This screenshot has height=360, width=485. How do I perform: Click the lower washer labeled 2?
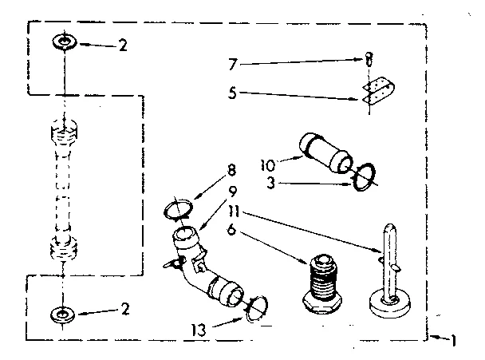click(x=61, y=314)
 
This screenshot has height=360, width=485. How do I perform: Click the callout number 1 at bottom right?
click(x=454, y=341)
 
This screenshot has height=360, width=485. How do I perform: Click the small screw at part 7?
click(x=368, y=58)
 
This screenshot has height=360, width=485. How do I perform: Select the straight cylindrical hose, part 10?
click(x=325, y=153)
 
